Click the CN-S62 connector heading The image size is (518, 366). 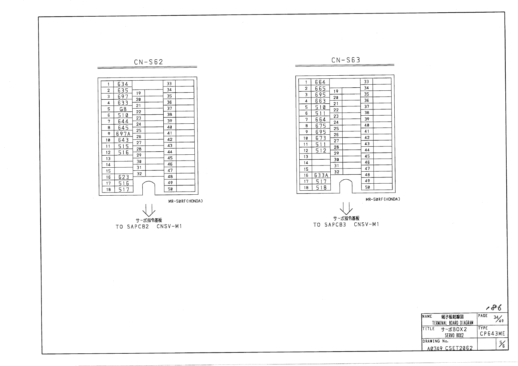[x=148, y=62]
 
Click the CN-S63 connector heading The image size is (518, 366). [x=345, y=60]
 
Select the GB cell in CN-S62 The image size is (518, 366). [x=123, y=109]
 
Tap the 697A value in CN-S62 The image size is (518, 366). [x=123, y=134]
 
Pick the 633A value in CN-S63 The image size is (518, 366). [x=321, y=175]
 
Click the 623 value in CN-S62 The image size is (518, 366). [x=124, y=177]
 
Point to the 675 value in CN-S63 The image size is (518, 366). [x=321, y=125]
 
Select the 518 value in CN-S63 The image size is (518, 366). [x=321, y=187]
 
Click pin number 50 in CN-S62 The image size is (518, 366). [x=170, y=189]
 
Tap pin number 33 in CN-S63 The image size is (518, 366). [x=366, y=82]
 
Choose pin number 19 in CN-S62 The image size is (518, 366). [x=139, y=93]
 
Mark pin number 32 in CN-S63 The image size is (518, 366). [x=337, y=172]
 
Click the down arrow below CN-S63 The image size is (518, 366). [x=346, y=208]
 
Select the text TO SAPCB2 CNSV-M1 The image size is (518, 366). [x=149, y=227]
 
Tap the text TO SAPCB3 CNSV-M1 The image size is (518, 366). [x=346, y=225]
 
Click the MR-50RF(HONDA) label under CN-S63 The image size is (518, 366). [x=383, y=199]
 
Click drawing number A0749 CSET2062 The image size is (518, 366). [x=450, y=348]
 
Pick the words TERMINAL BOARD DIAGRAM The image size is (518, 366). [x=452, y=323]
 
